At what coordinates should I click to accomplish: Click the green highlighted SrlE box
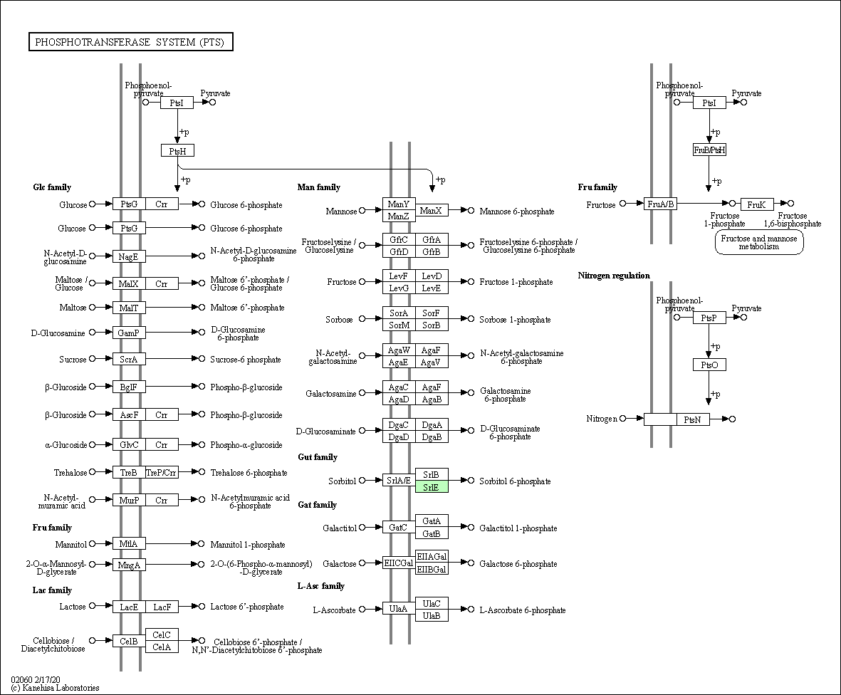[432, 487]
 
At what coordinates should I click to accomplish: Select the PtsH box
[177, 151]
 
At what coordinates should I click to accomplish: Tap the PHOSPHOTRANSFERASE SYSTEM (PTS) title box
[130, 42]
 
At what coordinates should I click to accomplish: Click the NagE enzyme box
[130, 256]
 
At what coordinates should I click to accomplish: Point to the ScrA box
[130, 359]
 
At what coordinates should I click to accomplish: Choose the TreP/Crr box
[162, 472]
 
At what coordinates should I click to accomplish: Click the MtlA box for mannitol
[130, 544]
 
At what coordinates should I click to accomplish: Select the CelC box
[162, 634]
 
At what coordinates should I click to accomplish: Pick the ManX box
[432, 210]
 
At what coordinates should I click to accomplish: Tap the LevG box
[399, 288]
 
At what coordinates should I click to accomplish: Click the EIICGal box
[399, 563]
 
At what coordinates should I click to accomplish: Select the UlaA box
[399, 608]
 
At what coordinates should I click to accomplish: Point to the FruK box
[757, 204]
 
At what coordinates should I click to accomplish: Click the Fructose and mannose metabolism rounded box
[759, 242]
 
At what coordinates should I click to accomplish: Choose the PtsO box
[709, 365]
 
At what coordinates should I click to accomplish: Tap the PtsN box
[693, 419]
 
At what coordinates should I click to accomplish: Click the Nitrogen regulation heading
[614, 276]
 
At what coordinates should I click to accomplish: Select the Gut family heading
[318, 457]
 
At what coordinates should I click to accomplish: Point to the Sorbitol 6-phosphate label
[515, 481]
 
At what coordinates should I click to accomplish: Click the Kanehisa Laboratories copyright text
[56, 687]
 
